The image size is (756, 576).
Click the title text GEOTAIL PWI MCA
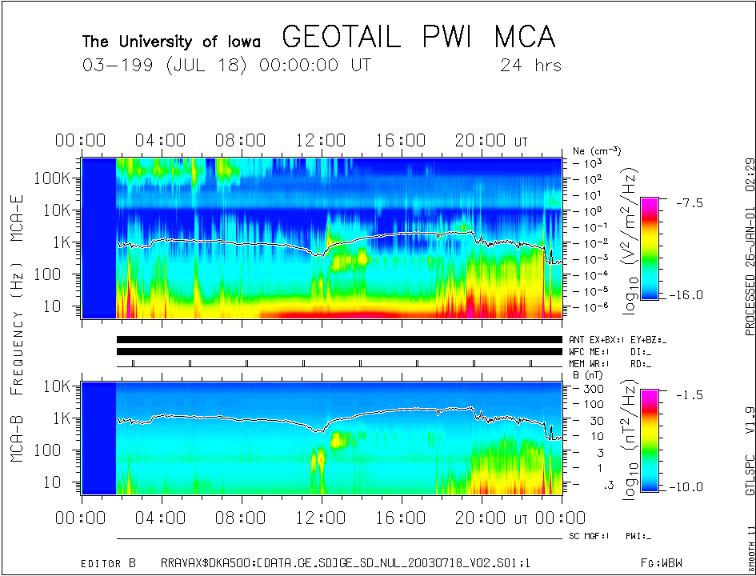[x=418, y=38]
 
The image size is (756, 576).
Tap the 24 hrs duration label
[x=530, y=66]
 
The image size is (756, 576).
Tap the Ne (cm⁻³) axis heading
[x=597, y=150]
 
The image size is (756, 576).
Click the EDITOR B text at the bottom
[x=108, y=563]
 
